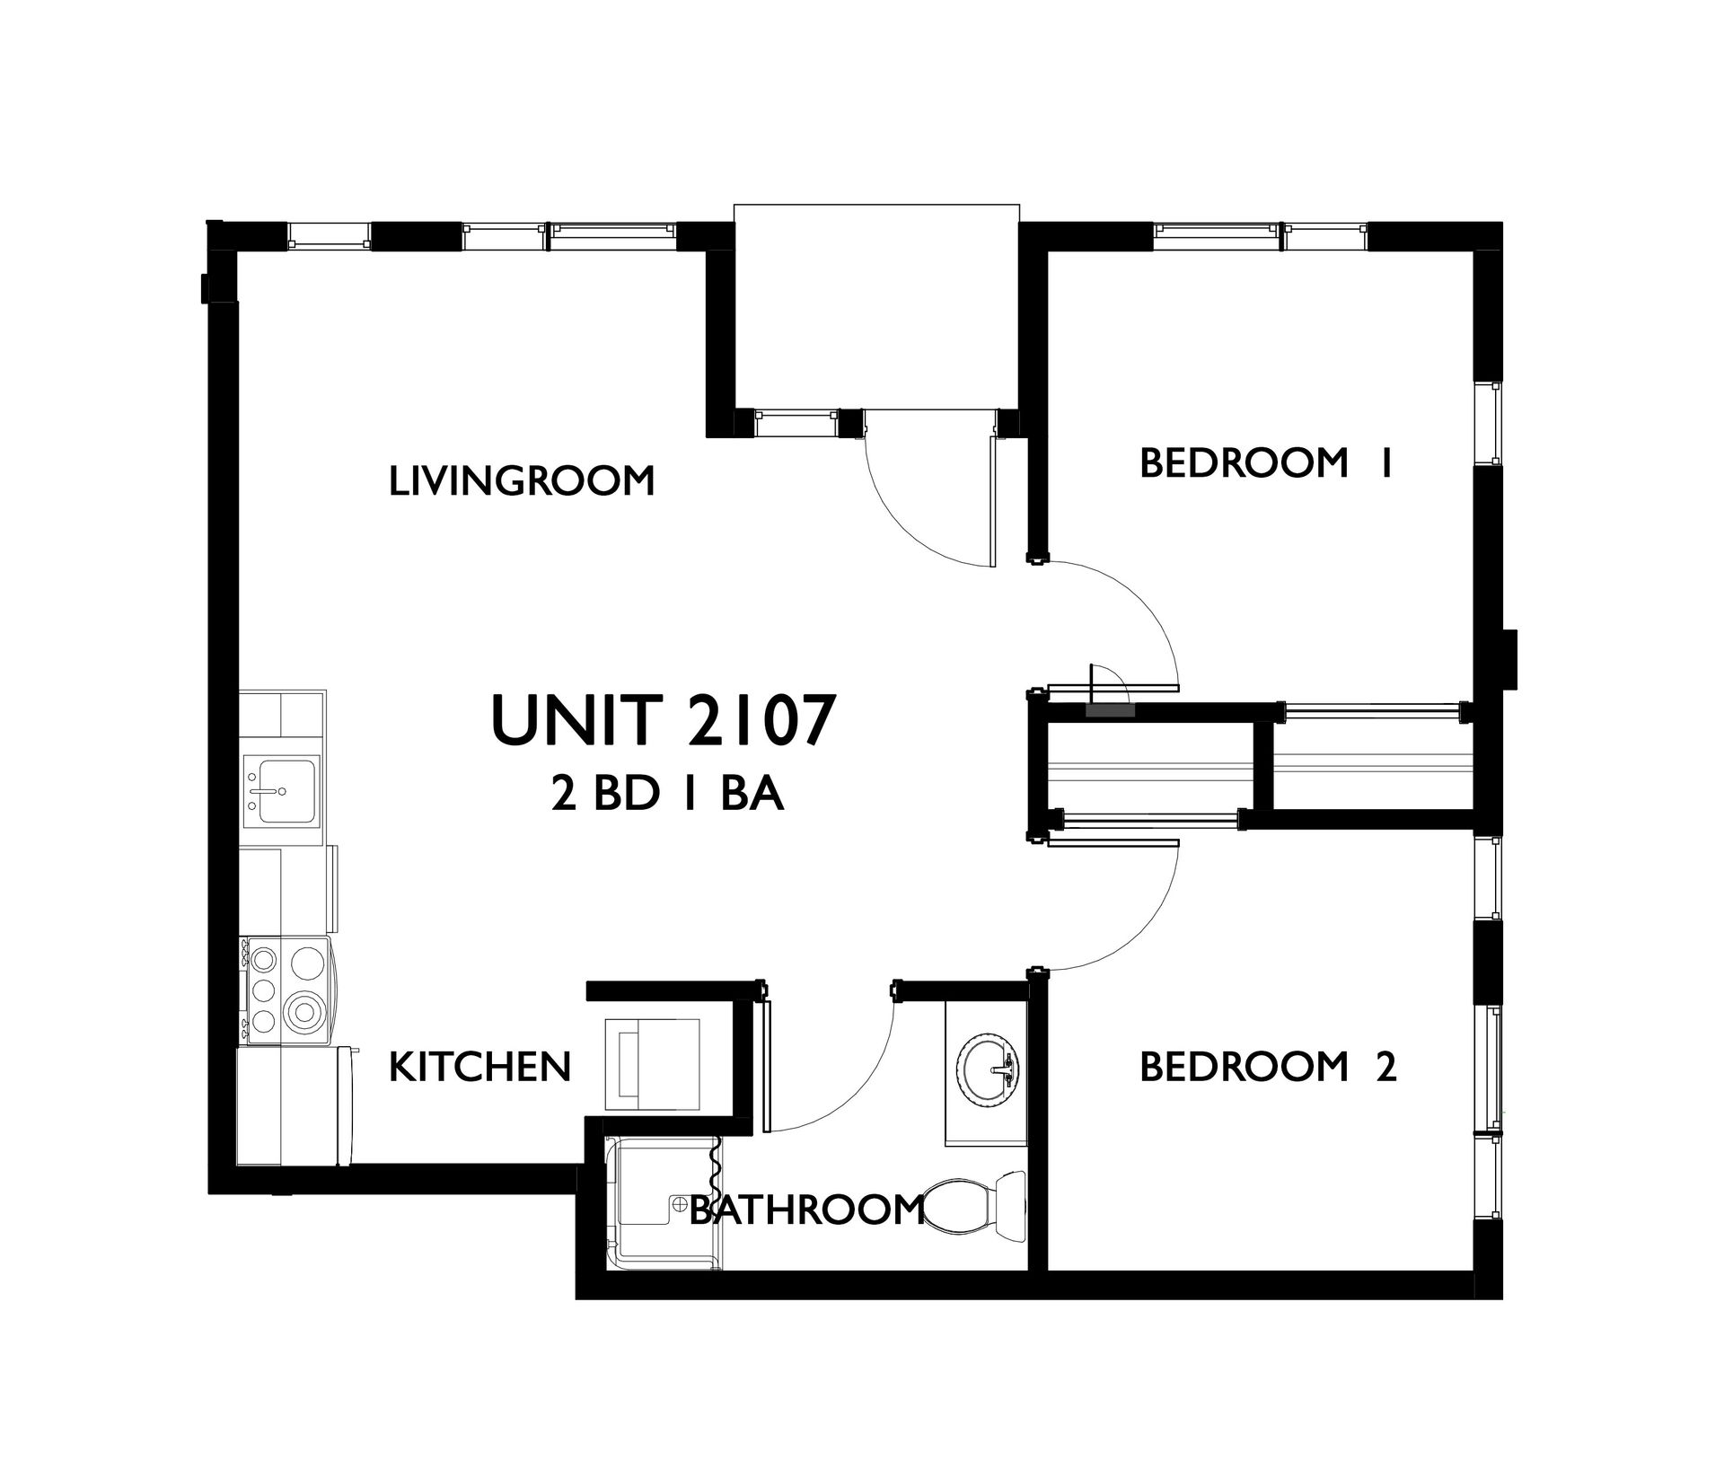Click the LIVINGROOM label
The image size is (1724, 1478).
coord(522,480)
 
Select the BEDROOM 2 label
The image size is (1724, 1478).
coord(1268,1067)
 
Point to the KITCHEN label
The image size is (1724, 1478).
coord(480,1066)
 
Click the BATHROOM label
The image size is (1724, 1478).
coord(806,1210)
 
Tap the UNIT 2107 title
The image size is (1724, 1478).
coord(658,720)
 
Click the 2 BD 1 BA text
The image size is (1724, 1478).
coord(668,796)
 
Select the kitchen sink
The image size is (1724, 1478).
coord(281,790)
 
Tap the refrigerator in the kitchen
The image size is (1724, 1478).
coord(296,1106)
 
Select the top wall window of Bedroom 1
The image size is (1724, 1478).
coord(1261,237)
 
